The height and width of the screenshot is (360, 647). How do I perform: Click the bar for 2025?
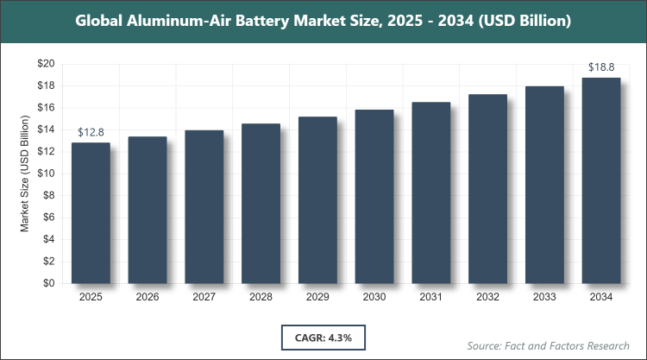tap(91, 212)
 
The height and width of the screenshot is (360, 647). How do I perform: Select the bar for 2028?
tap(261, 203)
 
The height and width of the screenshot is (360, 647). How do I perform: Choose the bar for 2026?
tap(148, 210)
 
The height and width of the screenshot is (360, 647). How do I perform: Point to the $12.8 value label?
tap(91, 132)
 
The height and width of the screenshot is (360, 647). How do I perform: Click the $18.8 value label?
tap(600, 66)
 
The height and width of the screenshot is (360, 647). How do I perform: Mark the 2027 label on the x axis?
tap(204, 297)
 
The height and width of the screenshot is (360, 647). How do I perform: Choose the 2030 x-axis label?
tap(374, 297)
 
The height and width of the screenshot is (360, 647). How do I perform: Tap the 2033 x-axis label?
tap(543, 297)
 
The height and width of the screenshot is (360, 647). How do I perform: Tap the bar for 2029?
tap(317, 199)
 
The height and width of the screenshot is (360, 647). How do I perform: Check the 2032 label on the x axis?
tap(487, 297)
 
